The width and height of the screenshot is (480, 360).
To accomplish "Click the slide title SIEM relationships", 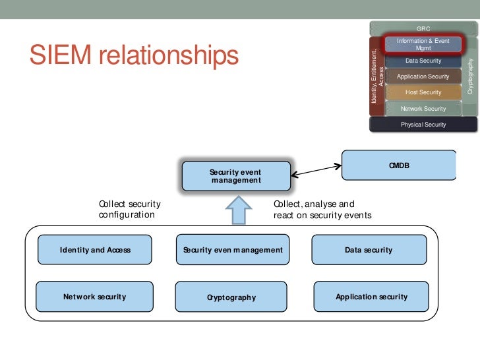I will pos(133,57).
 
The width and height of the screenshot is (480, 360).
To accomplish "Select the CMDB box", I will pos(399,165).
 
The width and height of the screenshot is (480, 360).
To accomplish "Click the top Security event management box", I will pos(235,176).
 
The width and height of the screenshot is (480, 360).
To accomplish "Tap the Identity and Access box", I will pos(95,250).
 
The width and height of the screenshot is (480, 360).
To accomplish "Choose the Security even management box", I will pos(233,250).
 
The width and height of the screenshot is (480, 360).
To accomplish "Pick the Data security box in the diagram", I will pos(368,250).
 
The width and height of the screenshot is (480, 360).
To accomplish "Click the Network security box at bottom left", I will pos(94,297).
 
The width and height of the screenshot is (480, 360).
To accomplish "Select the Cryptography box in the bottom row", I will pos(231,297).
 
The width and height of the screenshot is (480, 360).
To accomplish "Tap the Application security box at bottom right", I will pos(371,297).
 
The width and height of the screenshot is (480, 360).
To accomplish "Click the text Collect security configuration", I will pos(129,210).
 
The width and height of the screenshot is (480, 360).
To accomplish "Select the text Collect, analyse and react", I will pos(322,210).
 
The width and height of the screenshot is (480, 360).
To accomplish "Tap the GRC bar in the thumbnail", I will pos(423,28).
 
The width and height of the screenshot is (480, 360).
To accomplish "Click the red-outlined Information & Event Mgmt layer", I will pos(423,45).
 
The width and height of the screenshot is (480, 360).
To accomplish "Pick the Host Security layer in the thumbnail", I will pos(423,92).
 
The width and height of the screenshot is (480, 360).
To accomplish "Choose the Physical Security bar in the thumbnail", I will pos(423,124).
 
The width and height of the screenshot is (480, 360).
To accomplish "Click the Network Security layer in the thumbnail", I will pos(423,108).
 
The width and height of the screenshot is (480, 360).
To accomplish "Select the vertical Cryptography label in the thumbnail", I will pos(470,75).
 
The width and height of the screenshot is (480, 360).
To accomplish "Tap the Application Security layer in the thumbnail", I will pos(423,76).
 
